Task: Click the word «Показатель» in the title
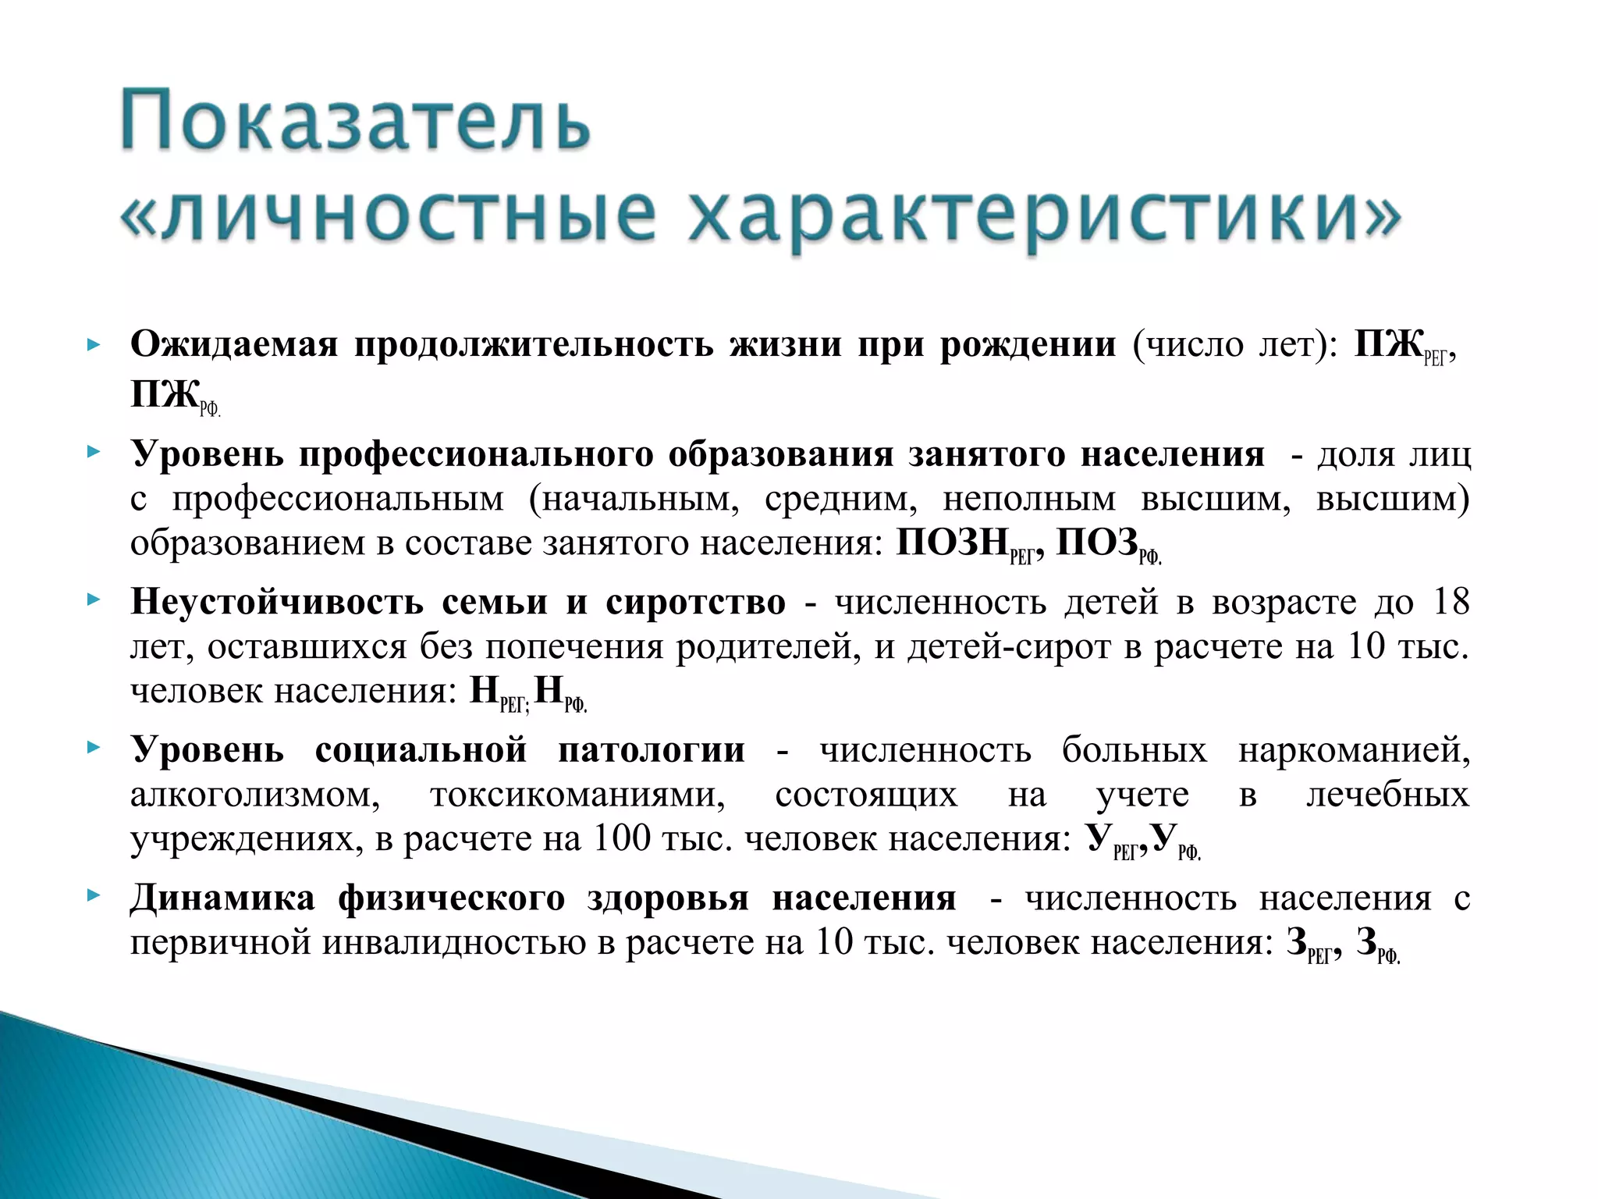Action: click(x=355, y=121)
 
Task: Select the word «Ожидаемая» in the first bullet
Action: click(x=234, y=344)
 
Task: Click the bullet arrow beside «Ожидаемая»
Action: click(x=94, y=344)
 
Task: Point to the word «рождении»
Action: click(x=1028, y=344)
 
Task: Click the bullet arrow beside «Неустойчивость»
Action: click(x=94, y=600)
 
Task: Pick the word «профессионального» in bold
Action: click(x=476, y=454)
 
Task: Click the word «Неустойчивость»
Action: click(x=277, y=602)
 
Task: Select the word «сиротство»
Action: click(x=695, y=602)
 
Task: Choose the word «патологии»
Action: click(x=652, y=749)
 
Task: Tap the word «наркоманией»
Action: click(x=1354, y=749)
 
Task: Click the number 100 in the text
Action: click(x=622, y=838)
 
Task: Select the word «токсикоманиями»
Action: click(x=577, y=794)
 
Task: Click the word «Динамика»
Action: click(x=222, y=898)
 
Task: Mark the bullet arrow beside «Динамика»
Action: click(x=94, y=895)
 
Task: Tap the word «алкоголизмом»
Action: click(x=255, y=794)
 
